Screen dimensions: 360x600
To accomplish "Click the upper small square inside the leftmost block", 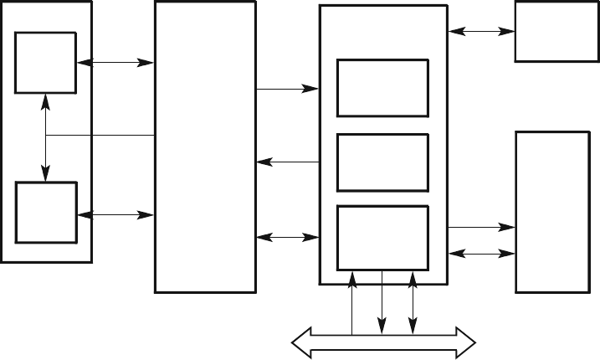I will (x=47, y=64).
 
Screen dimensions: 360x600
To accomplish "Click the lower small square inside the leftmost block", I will (x=47, y=212).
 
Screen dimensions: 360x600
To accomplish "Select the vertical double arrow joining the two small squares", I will (x=44, y=137).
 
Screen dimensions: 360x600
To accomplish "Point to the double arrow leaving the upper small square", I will (x=115, y=63).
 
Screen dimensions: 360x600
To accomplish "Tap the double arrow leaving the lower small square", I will (x=115, y=215).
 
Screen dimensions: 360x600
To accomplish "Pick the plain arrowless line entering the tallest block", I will (x=100, y=135).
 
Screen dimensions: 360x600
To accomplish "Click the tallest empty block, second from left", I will (x=205, y=147).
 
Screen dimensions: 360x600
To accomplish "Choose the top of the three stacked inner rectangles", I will (x=382, y=88).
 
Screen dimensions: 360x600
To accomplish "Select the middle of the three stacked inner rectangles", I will (x=382, y=162).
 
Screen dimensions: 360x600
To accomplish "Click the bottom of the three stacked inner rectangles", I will (x=382, y=237).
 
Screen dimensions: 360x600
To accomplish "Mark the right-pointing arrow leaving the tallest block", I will (x=287, y=87).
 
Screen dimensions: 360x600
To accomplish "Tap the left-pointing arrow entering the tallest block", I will (x=287, y=162).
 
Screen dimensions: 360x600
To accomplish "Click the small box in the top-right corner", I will (x=551, y=32).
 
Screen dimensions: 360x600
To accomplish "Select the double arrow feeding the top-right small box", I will (x=481, y=32).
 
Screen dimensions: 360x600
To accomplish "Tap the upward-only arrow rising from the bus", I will (x=352, y=301).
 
